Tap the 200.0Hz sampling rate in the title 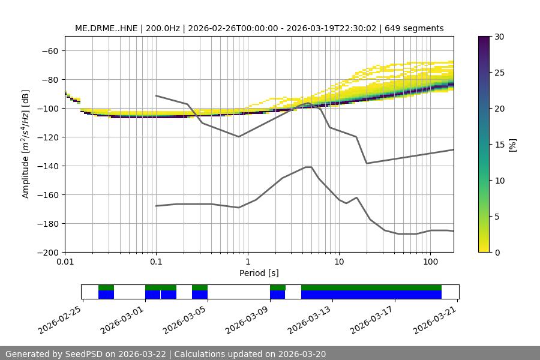162,28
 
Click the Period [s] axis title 259,273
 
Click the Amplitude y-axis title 26,144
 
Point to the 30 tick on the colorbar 499,37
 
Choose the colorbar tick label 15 499,145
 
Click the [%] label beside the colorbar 512,145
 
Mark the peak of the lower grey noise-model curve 308,167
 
